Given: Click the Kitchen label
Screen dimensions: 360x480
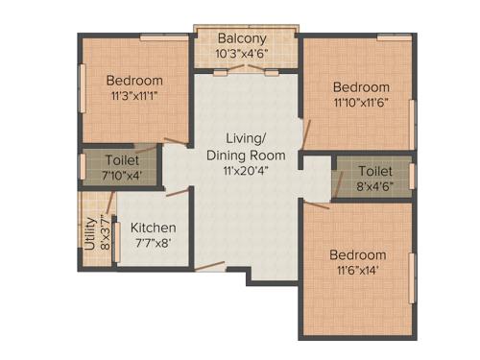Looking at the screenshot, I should [x=153, y=228].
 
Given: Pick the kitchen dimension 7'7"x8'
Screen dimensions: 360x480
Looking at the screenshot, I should [x=153, y=243].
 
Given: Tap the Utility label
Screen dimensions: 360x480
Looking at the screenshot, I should [x=88, y=232].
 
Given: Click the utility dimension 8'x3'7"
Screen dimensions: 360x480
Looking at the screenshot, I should [x=102, y=232].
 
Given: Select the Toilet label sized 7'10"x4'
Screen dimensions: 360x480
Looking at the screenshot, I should [x=122, y=158].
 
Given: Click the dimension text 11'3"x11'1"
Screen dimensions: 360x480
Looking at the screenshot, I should [x=133, y=96].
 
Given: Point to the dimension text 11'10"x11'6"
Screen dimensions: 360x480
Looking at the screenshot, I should [x=361, y=103].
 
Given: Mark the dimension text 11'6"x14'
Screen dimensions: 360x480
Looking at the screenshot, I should [x=357, y=271].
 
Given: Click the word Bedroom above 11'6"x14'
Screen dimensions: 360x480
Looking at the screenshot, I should [x=357, y=254].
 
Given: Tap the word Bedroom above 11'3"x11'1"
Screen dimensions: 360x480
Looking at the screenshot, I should [x=133, y=81].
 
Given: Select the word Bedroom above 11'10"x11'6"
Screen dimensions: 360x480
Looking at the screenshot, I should [x=361, y=87].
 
